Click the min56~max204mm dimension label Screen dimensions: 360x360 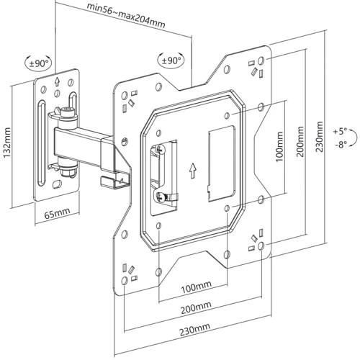[x=126, y=16]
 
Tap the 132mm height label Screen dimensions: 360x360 [x=7, y=143]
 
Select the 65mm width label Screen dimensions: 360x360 [x=58, y=213]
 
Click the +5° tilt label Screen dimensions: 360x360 [x=340, y=131]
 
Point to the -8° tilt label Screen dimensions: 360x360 [x=341, y=144]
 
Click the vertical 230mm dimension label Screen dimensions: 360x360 [x=319, y=137]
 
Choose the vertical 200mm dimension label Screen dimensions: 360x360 [x=300, y=142]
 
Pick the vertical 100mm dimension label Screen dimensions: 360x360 [x=279, y=147]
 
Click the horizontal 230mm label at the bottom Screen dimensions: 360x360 [x=195, y=329]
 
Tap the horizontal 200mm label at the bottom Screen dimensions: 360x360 [x=196, y=307]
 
